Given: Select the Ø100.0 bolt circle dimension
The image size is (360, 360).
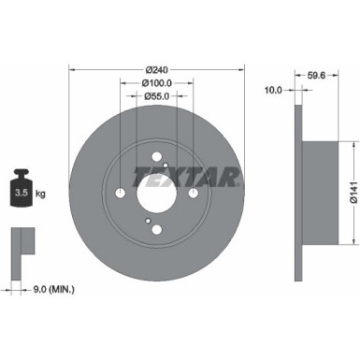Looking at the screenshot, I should point(157,83).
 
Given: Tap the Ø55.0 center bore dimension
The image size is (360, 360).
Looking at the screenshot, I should point(157,97).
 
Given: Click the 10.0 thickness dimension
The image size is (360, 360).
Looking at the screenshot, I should point(274,91).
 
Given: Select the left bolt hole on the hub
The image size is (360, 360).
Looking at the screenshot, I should point(121,194).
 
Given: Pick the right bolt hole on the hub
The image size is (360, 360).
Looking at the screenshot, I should point(194,194).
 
